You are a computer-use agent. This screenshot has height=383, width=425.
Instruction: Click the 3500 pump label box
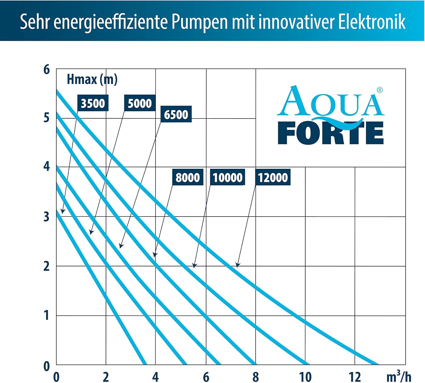93,103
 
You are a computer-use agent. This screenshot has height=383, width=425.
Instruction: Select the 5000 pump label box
140,103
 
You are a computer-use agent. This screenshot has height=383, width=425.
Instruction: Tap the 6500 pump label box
176,115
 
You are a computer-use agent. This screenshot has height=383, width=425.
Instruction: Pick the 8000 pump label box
188,177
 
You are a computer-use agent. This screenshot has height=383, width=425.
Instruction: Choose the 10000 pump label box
228,177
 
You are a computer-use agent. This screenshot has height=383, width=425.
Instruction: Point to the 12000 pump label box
273,177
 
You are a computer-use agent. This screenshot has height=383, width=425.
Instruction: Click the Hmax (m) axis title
92,79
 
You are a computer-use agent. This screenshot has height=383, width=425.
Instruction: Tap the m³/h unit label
399,376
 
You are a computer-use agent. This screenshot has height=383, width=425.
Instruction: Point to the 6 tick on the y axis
46,69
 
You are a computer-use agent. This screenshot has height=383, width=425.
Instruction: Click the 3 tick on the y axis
46,217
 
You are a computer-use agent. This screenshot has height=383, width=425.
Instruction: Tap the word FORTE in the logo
331,133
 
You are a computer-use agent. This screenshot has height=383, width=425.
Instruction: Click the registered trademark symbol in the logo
380,90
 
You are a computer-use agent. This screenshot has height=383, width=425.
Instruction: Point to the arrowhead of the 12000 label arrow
237,266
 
